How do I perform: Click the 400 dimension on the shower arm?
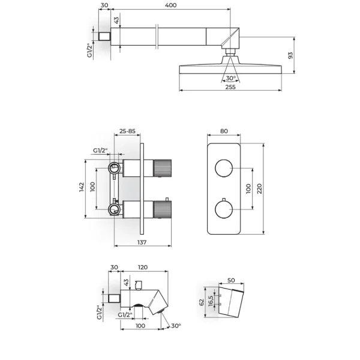coord(171,5)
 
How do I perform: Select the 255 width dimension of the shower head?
coord(230,87)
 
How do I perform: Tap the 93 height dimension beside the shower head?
coord(290,56)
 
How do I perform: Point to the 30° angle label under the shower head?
coord(231,78)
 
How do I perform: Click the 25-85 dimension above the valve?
coord(127,131)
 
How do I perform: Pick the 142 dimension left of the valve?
coord(82,187)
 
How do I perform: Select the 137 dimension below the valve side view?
coord(142,242)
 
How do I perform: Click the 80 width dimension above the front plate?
coord(224,131)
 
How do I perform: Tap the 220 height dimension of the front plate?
coord(259,189)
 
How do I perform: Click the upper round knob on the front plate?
coord(224,168)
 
